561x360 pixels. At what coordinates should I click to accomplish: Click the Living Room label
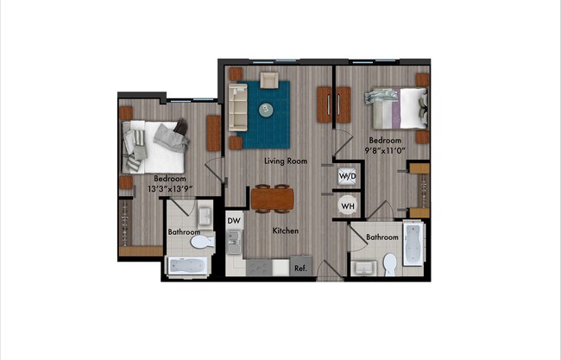click(286, 161)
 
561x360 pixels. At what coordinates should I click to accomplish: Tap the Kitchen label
click(286, 231)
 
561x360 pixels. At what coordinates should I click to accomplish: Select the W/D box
click(347, 177)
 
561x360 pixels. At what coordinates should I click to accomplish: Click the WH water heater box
click(347, 206)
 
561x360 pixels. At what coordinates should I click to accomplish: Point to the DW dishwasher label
click(234, 221)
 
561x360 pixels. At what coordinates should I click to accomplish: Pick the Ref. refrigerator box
click(300, 268)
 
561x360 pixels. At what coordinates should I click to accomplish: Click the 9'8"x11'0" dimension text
click(385, 149)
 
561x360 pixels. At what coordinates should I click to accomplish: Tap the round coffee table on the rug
click(266, 109)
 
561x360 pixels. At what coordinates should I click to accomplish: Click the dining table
click(273, 199)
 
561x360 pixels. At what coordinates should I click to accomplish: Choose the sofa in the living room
click(236, 108)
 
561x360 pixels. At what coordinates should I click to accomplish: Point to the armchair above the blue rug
click(268, 80)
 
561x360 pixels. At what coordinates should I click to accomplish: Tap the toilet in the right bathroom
click(389, 263)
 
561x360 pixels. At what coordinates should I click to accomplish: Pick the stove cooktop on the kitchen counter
click(260, 268)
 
